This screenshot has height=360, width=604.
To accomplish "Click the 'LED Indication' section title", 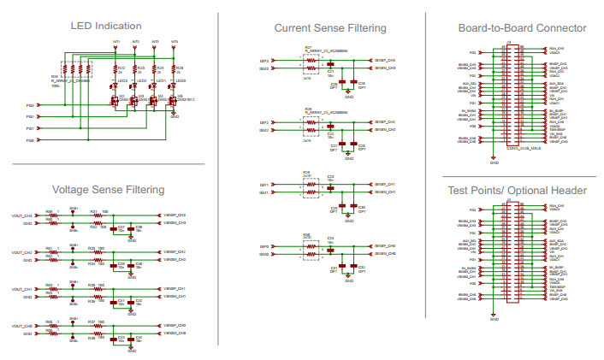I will pos(106,27).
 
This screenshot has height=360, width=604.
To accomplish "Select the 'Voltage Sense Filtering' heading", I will pos(108,189).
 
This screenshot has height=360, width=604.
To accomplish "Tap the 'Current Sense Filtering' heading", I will pos(329,28).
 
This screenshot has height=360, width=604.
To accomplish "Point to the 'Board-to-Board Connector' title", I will pos(522,28).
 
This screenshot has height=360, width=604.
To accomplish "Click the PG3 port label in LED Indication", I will pos(29,105).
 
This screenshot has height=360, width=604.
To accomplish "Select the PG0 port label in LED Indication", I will pos(29,139).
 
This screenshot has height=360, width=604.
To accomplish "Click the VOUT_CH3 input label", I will pos(22,215).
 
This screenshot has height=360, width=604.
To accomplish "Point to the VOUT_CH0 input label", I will pos(22,326).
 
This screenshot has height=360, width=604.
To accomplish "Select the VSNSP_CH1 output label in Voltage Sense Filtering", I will pos(174,289).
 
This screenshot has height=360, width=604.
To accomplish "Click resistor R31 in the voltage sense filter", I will pos(93,214).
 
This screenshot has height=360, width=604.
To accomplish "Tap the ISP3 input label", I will pos(264,61).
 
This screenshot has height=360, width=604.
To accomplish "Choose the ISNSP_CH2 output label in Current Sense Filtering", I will pos(384,122).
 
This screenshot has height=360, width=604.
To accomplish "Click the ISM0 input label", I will pos(264,254).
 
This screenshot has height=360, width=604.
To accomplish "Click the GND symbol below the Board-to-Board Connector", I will pos(494,159).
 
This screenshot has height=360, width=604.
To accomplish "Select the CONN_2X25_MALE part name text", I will pos(523,148).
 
